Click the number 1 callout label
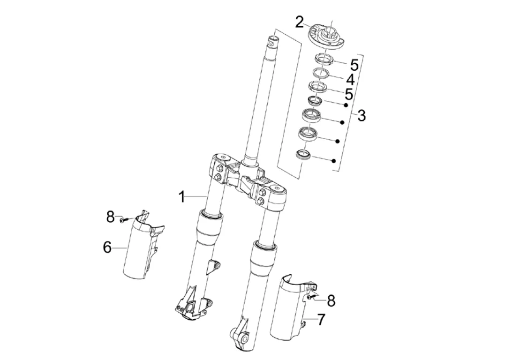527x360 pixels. coord(182,197)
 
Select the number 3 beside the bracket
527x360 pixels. coord(361,115)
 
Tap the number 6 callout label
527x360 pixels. coord(107,247)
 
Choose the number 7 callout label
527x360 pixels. coord(321,320)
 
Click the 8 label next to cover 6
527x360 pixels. coord(110,217)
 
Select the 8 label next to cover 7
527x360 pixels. coord(331,300)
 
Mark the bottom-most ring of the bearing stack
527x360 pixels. coord(303,155)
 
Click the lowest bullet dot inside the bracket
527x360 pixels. coord(333,161)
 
